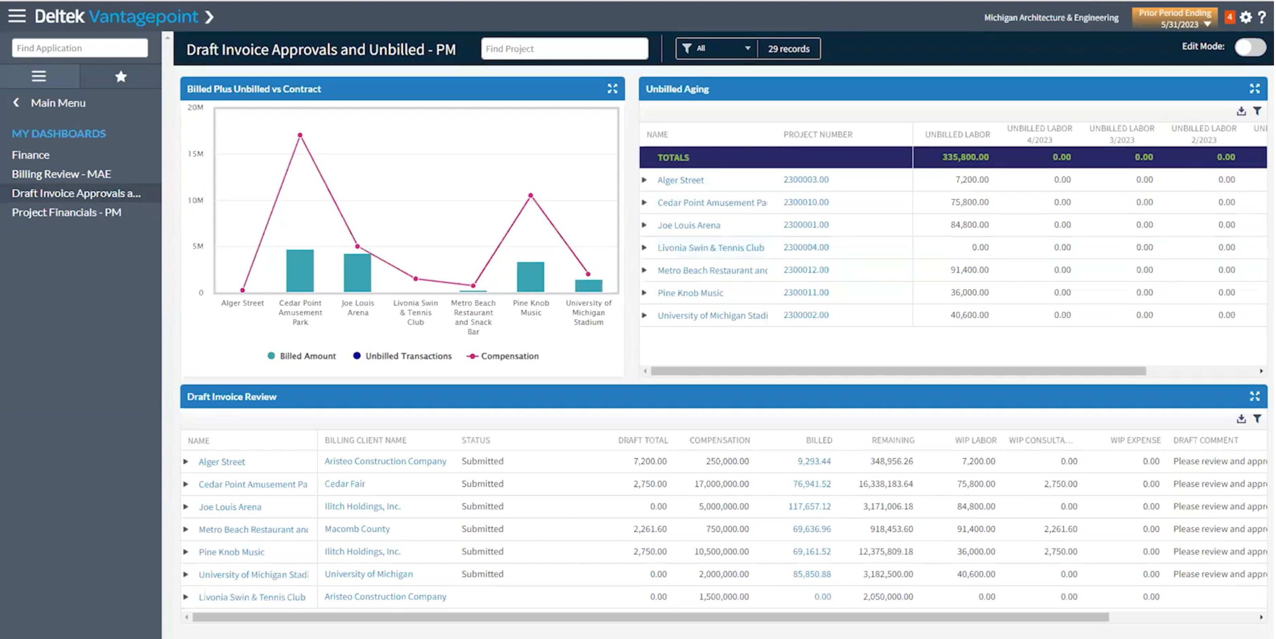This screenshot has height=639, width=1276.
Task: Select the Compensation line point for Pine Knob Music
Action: click(x=531, y=196)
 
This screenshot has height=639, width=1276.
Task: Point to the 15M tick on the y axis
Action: click(x=196, y=154)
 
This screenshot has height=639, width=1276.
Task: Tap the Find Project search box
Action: click(x=564, y=48)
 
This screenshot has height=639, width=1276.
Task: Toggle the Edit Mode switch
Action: click(x=1250, y=47)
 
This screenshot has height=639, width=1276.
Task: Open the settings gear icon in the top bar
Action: click(x=1246, y=17)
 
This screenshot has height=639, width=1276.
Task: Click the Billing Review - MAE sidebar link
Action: click(x=61, y=174)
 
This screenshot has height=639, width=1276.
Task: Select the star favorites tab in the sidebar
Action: click(x=120, y=77)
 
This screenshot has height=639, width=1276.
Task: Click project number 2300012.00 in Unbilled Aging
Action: click(x=805, y=270)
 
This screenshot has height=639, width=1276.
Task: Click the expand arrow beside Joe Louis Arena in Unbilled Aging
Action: click(x=644, y=225)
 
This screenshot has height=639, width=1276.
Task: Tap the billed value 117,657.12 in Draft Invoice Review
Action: click(x=810, y=506)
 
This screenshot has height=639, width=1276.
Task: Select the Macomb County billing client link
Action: click(x=357, y=529)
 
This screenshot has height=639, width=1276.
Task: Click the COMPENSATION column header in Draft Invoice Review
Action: click(x=719, y=440)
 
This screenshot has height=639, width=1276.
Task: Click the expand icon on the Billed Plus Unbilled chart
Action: click(x=612, y=89)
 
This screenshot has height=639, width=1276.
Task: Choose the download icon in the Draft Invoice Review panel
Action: click(x=1241, y=419)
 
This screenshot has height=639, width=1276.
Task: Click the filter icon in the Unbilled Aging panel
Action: click(x=1257, y=111)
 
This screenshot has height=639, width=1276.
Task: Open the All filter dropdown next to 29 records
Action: click(x=716, y=48)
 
